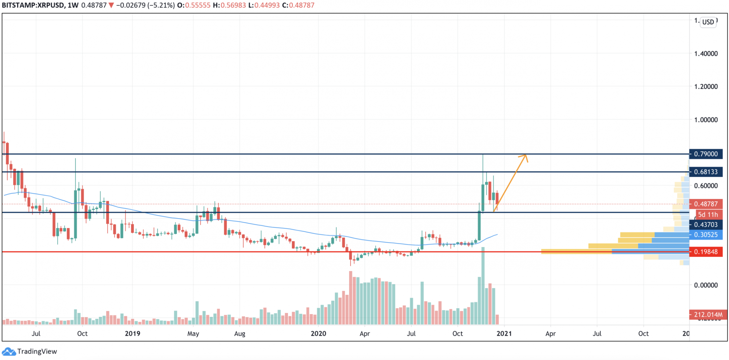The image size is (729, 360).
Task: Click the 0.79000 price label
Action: (x=706, y=154)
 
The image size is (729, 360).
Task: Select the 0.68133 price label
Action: (x=706, y=172)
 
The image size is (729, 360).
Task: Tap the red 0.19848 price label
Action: (x=706, y=252)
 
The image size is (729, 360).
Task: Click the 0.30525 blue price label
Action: (x=706, y=235)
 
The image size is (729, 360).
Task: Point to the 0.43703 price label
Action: (x=706, y=225)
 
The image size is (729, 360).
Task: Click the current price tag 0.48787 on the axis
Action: (x=706, y=204)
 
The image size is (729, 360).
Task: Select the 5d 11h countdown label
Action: (x=708, y=215)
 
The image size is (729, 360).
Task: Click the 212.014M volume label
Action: (x=708, y=314)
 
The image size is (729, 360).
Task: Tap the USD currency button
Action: (x=708, y=22)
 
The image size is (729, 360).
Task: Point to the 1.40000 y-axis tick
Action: (x=706, y=54)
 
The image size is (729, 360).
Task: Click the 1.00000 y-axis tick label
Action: (x=706, y=120)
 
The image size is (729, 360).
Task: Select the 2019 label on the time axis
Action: (x=132, y=333)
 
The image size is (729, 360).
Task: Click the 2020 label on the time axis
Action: (x=318, y=333)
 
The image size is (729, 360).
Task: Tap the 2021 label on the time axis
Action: (x=504, y=333)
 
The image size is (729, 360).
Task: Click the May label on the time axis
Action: (x=193, y=333)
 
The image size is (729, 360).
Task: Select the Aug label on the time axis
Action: (x=239, y=333)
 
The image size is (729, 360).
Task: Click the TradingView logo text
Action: (x=37, y=351)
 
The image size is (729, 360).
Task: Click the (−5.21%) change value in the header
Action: (x=160, y=5)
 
